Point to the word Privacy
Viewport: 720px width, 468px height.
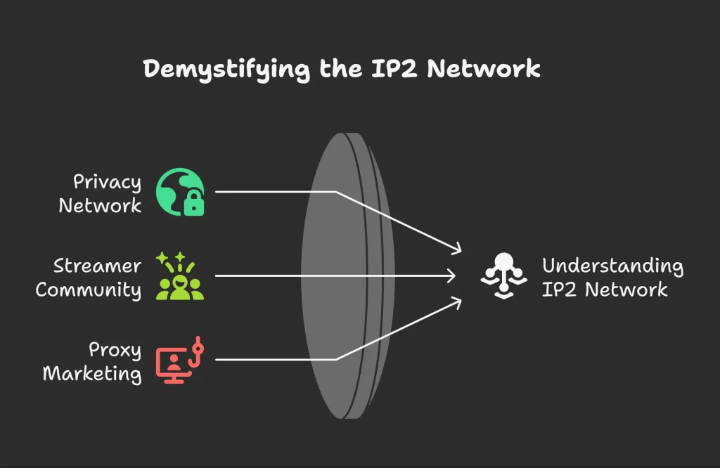[x=107, y=183]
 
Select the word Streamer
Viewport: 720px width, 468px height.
[x=97, y=266]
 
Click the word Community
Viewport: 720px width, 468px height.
[x=88, y=290]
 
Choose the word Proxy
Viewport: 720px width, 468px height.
[x=115, y=351]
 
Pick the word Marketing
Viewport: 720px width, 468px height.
[x=92, y=374]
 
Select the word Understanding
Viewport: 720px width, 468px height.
[x=612, y=266]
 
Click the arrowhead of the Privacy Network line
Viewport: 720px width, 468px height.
[x=458, y=249]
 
